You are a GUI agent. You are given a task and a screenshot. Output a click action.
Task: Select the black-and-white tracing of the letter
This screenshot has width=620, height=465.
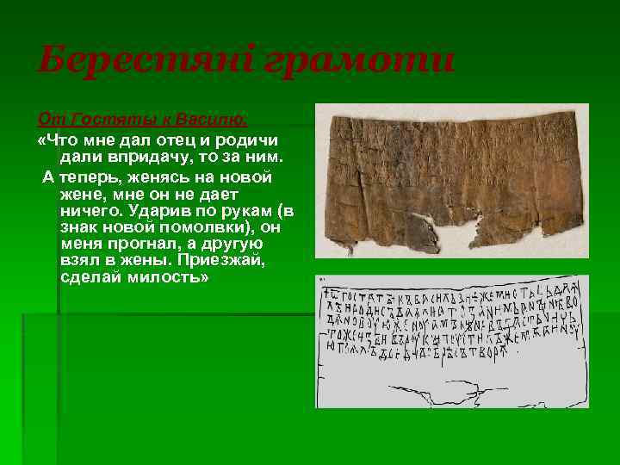(x=451, y=341)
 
